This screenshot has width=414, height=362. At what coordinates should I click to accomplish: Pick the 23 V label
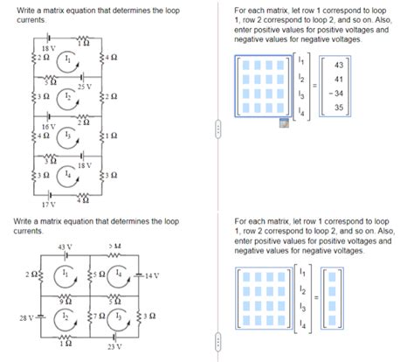(114, 346)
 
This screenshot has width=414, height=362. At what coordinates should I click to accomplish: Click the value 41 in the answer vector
(338, 78)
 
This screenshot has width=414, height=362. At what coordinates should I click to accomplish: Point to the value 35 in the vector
(338, 108)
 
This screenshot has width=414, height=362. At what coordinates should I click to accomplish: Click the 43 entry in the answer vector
(338, 64)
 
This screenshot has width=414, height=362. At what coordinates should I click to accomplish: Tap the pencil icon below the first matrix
(282, 123)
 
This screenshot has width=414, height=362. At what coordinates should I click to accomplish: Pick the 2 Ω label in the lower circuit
(32, 276)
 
